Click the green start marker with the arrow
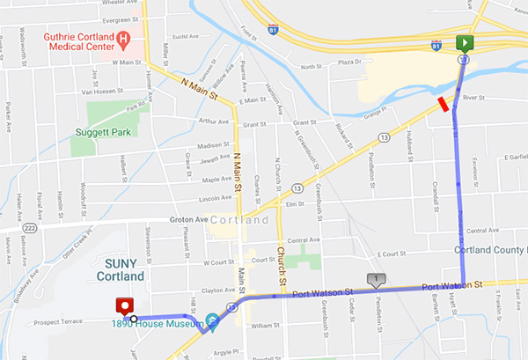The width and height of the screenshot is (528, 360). point(464,43)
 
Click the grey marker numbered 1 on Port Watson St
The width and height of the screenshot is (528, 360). point(377,280)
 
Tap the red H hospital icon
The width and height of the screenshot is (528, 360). point(124,40)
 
